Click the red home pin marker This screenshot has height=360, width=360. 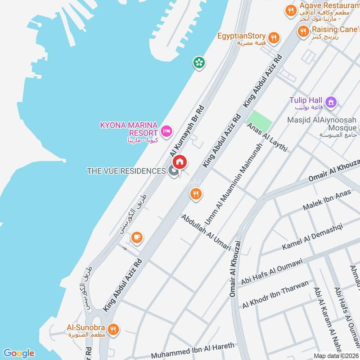click(x=180, y=162)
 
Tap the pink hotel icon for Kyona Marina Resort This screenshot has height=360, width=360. click(x=166, y=131)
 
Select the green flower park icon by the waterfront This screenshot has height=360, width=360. click(x=198, y=62)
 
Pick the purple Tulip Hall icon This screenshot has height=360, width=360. click(x=332, y=103)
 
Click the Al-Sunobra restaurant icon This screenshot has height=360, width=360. click(x=113, y=329)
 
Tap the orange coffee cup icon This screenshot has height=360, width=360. click(x=137, y=237)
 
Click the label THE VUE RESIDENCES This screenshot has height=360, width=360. click(x=126, y=171)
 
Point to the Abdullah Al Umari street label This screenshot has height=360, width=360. click(x=206, y=233)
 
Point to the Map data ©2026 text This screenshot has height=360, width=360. click(x=336, y=355)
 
